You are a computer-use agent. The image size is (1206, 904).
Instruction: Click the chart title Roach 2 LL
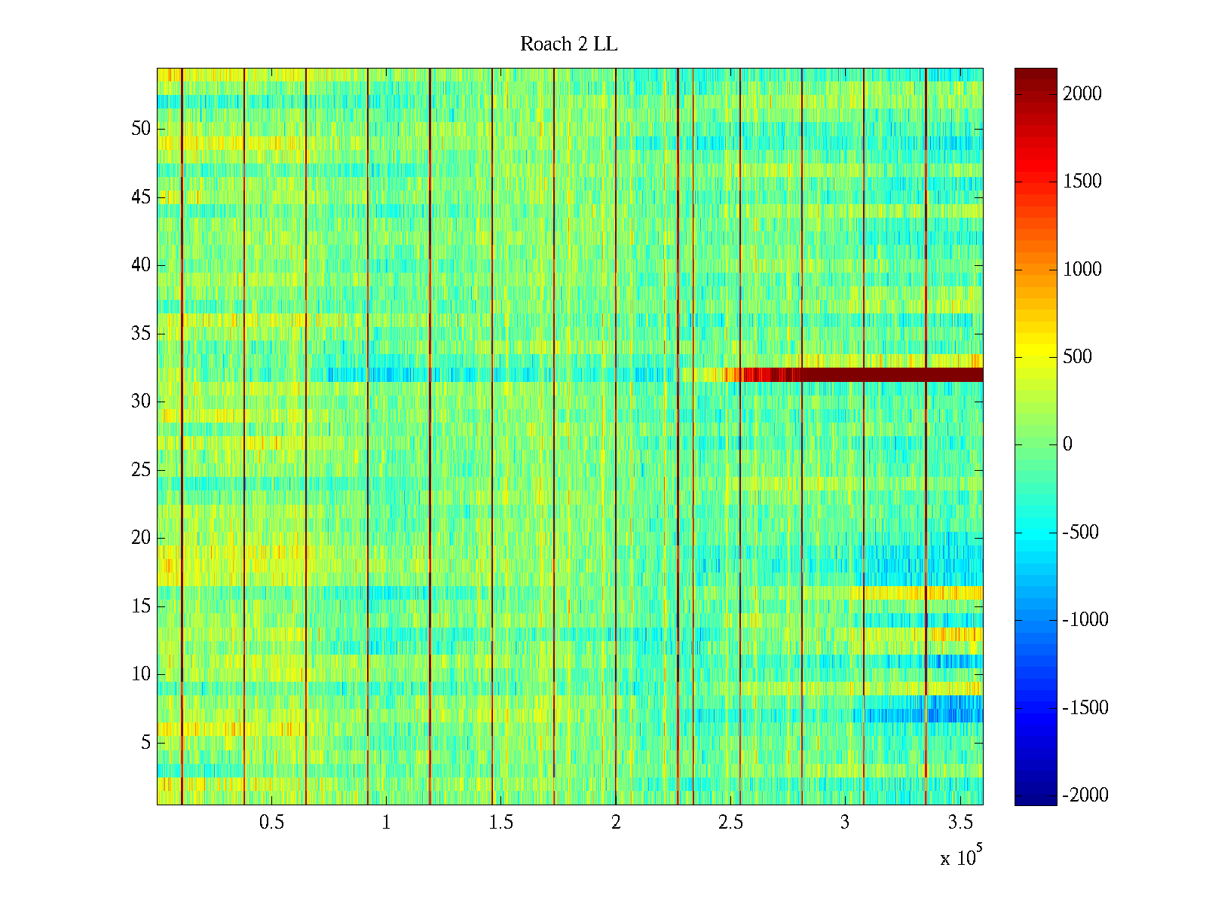[x=568, y=44]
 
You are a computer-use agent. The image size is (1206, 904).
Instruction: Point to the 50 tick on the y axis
[x=141, y=129]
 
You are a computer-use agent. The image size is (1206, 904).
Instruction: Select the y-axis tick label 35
[x=141, y=334]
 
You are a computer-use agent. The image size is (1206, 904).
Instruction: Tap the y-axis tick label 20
[x=141, y=538]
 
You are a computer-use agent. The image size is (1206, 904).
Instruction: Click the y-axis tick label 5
[x=145, y=743]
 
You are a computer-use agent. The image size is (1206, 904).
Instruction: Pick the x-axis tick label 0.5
[x=271, y=823]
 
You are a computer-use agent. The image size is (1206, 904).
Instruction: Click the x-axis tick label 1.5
[x=501, y=823]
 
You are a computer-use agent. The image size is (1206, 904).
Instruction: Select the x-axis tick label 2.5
[x=730, y=823]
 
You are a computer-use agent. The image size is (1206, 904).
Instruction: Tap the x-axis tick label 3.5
[x=960, y=823]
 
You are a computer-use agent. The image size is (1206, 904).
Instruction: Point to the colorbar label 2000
[x=1082, y=93]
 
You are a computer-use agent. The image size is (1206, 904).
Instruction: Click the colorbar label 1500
[x=1082, y=181]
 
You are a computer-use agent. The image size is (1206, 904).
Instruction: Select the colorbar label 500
[x=1077, y=356]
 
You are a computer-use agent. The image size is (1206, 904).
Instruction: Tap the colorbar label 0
[x=1067, y=444]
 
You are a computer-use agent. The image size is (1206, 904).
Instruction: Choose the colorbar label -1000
[x=1085, y=620]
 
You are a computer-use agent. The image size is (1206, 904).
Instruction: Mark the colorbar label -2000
[x=1085, y=795]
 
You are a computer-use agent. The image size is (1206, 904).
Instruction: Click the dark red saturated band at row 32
[x=889, y=374]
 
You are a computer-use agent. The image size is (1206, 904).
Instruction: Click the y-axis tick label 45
[x=141, y=197]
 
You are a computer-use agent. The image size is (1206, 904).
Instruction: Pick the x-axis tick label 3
[x=845, y=823]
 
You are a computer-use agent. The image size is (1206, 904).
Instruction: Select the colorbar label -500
[x=1081, y=532]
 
